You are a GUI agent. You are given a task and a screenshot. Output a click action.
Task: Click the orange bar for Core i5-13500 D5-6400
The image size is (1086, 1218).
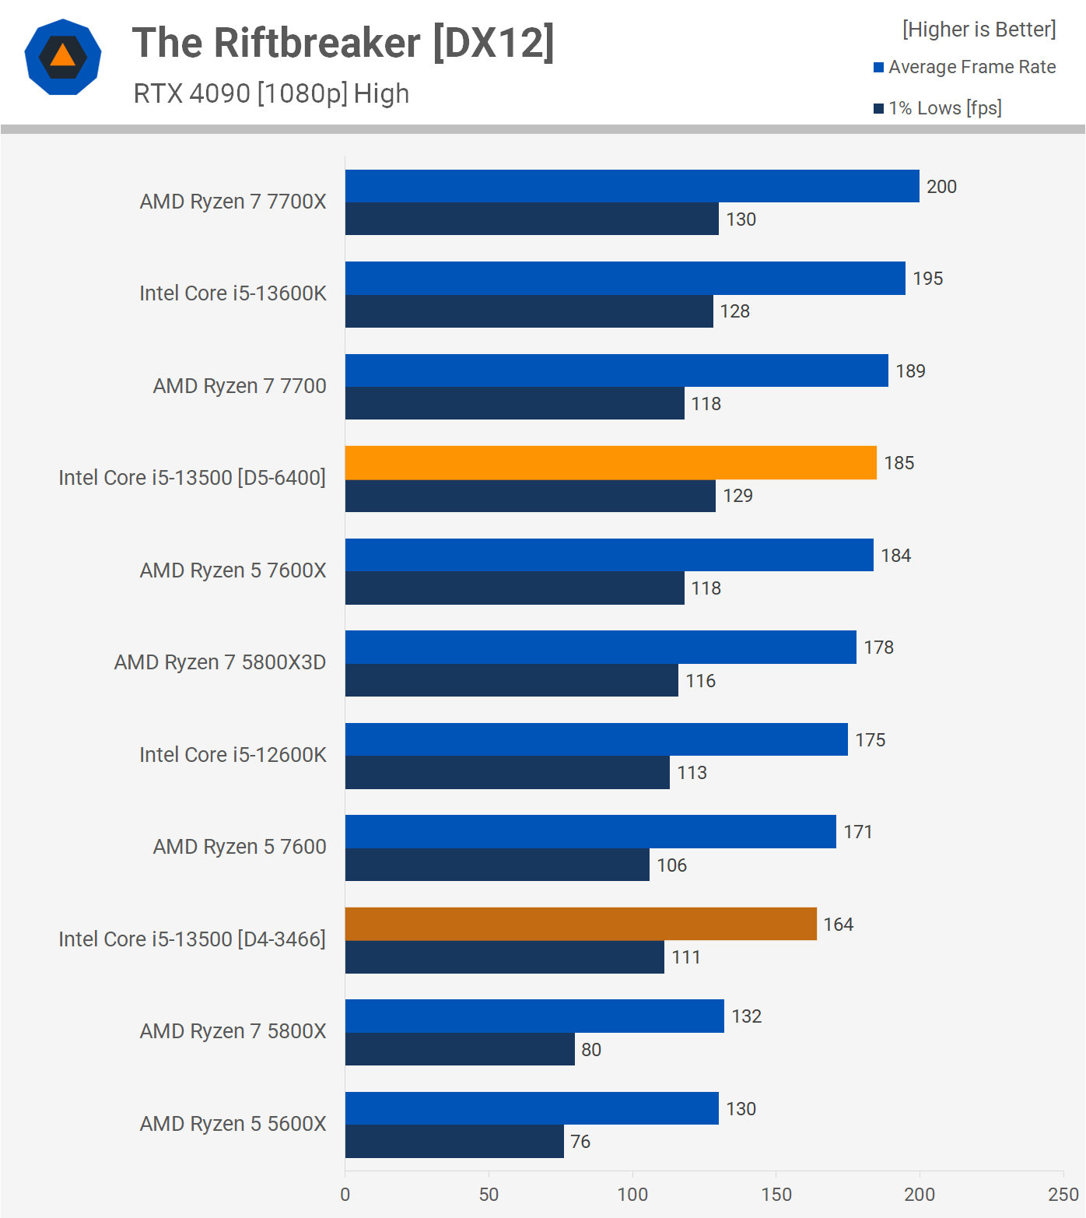point(611,463)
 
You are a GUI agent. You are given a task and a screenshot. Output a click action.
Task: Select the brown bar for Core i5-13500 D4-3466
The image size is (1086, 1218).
point(580,924)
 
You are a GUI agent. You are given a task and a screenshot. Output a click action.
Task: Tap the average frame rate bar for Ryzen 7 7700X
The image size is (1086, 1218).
point(632,187)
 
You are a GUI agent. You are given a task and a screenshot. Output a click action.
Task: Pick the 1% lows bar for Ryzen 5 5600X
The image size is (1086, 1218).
point(454,1142)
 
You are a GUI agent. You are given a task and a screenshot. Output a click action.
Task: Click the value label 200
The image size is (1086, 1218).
point(941,187)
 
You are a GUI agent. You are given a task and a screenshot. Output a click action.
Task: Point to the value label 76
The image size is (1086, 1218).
point(580,1142)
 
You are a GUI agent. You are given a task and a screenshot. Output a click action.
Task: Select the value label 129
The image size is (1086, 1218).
point(737,496)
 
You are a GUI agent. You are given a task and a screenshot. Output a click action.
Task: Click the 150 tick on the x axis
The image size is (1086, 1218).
point(776,1195)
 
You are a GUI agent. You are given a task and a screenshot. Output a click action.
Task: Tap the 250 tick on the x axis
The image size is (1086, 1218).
point(1063,1195)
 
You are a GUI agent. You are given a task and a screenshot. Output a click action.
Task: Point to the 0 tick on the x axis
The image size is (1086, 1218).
point(345,1195)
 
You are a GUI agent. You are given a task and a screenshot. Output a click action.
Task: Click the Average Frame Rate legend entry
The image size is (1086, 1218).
point(965,67)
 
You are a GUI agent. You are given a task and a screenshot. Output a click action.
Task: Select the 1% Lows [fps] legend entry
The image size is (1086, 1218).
point(937,108)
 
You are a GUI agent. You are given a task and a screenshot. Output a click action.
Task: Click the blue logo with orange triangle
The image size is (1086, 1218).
point(63,57)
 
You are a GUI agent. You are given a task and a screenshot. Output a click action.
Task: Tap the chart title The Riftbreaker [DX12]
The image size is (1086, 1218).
point(343,43)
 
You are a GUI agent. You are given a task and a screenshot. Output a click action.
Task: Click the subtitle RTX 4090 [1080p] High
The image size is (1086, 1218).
point(271,93)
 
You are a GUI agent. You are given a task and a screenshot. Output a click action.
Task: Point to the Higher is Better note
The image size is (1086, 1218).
point(979,30)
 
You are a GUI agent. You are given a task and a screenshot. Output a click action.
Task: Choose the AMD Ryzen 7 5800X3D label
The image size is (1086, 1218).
point(220,662)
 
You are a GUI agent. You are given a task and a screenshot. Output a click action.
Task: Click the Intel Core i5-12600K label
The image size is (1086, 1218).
point(233,755)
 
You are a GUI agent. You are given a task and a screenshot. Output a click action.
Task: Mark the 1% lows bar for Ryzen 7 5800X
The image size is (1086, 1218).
point(460,1049)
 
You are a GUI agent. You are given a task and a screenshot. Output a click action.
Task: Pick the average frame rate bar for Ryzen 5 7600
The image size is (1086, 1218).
point(590,832)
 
